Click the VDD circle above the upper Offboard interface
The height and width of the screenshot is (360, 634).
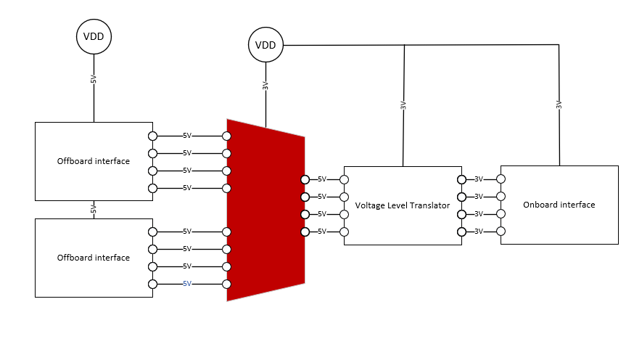(94, 36)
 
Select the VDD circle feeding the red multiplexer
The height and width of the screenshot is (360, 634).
(265, 45)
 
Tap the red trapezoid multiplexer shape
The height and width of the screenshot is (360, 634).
(265, 210)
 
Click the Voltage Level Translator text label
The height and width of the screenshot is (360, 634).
(403, 205)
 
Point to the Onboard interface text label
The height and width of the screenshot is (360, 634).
(559, 205)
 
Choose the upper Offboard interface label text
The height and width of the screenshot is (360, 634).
(94, 161)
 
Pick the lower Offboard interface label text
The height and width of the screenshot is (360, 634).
(94, 258)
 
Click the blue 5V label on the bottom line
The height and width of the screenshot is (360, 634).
(186, 284)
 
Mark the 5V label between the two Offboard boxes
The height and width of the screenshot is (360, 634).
(94, 209)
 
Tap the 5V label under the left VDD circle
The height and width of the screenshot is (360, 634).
(94, 79)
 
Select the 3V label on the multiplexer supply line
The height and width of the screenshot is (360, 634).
(265, 86)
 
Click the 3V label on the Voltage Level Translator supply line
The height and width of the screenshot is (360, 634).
(403, 105)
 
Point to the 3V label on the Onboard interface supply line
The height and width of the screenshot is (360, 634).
(559, 105)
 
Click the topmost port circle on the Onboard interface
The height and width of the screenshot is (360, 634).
(501, 179)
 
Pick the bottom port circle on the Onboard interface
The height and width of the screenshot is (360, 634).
(501, 231)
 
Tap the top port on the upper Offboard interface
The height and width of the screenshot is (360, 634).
(152, 136)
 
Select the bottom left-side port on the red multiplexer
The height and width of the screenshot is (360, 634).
(227, 284)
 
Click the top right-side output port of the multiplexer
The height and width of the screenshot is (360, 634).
(305, 179)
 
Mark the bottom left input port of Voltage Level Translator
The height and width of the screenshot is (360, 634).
(345, 232)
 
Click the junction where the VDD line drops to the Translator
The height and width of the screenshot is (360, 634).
(403, 45)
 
